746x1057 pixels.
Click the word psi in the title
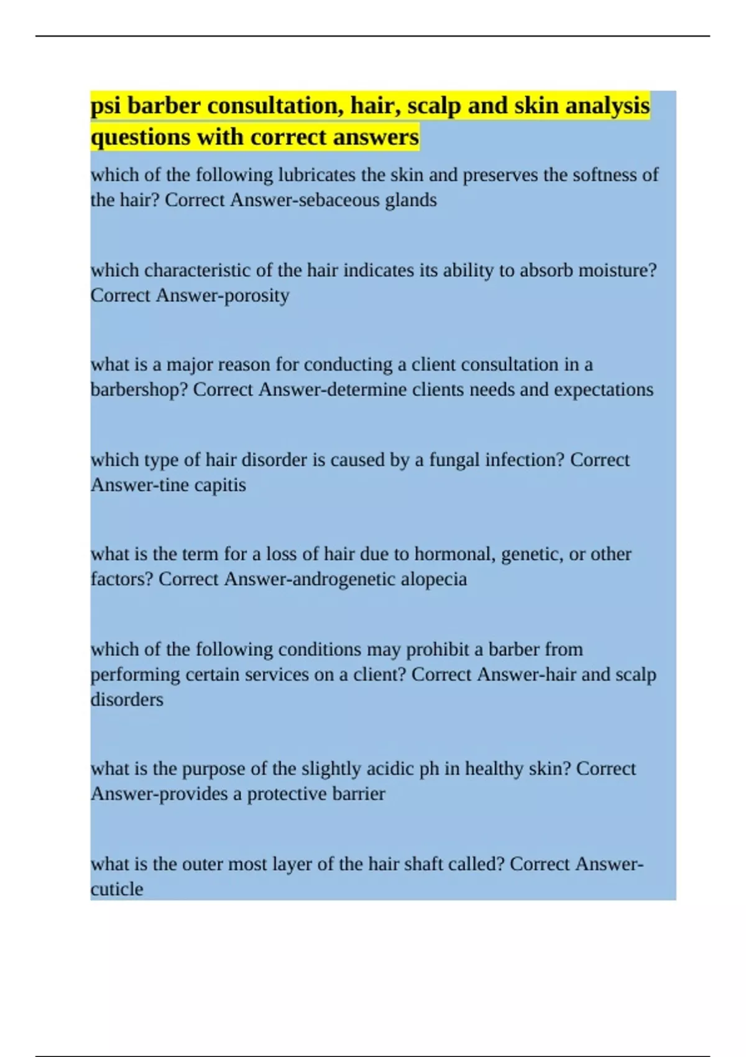tap(106, 106)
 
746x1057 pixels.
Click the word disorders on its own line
tap(127, 699)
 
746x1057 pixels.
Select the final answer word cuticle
tap(117, 889)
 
